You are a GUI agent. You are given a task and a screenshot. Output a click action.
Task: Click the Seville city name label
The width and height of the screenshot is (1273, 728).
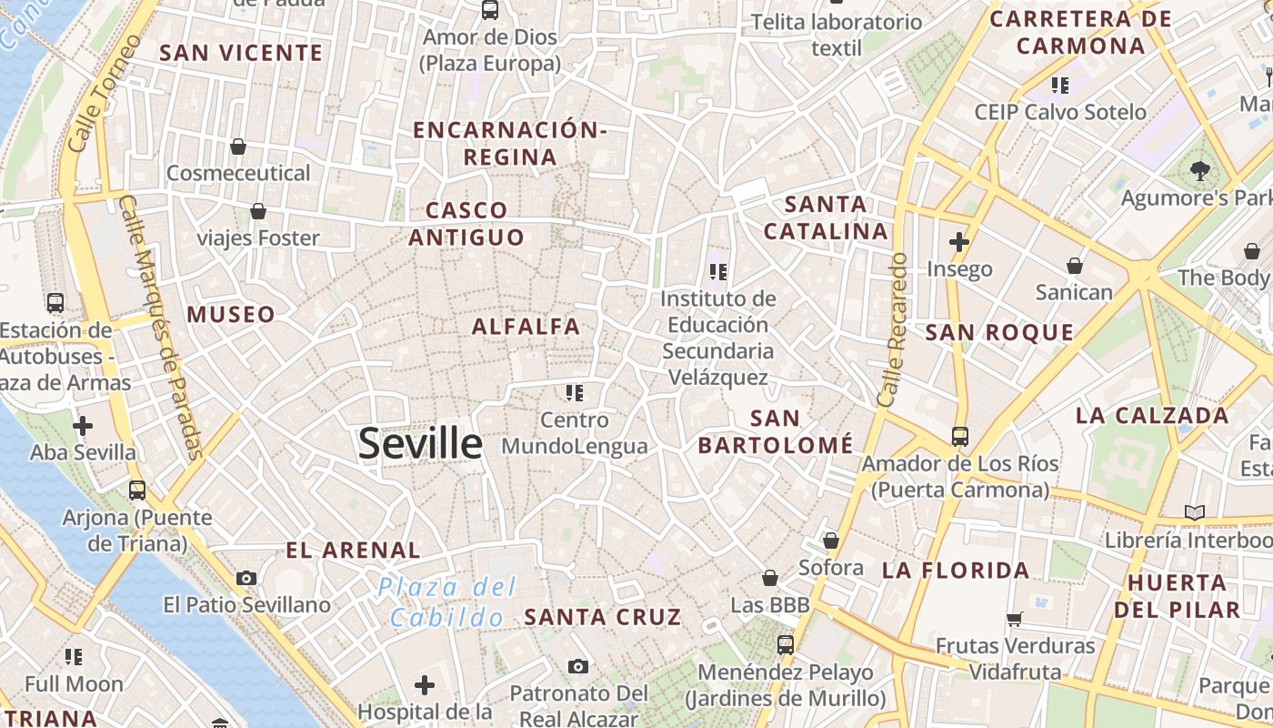tap(420, 443)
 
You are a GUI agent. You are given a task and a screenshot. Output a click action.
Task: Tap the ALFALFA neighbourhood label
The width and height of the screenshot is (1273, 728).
tap(526, 327)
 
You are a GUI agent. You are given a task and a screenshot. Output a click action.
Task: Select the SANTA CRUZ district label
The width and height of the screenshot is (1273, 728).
tap(603, 617)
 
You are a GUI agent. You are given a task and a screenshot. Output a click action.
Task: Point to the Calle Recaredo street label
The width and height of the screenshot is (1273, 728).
tap(893, 329)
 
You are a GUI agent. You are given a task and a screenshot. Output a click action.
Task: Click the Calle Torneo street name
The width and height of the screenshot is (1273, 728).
tap(105, 94)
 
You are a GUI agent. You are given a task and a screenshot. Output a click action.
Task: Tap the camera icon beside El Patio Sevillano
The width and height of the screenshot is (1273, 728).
tap(246, 578)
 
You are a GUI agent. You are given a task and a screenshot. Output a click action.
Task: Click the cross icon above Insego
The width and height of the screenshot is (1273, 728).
tap(958, 242)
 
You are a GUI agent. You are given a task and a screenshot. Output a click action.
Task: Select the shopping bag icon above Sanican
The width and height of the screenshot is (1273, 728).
tap(1075, 265)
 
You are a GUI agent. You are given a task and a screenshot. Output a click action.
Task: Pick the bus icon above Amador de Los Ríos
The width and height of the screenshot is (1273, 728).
tap(960, 436)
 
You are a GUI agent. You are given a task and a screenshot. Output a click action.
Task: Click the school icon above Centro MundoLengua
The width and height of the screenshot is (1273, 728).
tap(574, 392)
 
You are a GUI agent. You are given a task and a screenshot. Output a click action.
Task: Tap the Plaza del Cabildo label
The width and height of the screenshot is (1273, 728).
tap(447, 602)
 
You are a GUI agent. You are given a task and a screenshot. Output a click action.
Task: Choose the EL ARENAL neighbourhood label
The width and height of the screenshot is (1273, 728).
tap(353, 551)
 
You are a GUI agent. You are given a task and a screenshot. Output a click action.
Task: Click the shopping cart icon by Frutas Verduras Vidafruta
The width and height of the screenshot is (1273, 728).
tap(1015, 620)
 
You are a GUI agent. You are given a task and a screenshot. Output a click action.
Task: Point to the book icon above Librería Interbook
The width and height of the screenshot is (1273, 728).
tap(1194, 512)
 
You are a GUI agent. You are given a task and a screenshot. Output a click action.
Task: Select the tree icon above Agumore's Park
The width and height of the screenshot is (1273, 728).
tap(1200, 169)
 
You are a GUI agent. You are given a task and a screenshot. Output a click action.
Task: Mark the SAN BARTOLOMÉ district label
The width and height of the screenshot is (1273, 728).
tap(776, 431)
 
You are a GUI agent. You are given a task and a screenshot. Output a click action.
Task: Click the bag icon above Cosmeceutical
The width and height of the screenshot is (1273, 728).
tap(238, 146)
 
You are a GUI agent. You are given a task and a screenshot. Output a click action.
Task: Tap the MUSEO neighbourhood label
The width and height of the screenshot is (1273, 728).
tap(231, 315)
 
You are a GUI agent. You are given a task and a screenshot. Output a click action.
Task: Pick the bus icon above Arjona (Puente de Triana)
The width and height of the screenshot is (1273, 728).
tap(137, 490)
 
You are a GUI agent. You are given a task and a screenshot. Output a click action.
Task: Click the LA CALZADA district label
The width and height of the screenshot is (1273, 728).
tap(1152, 416)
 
